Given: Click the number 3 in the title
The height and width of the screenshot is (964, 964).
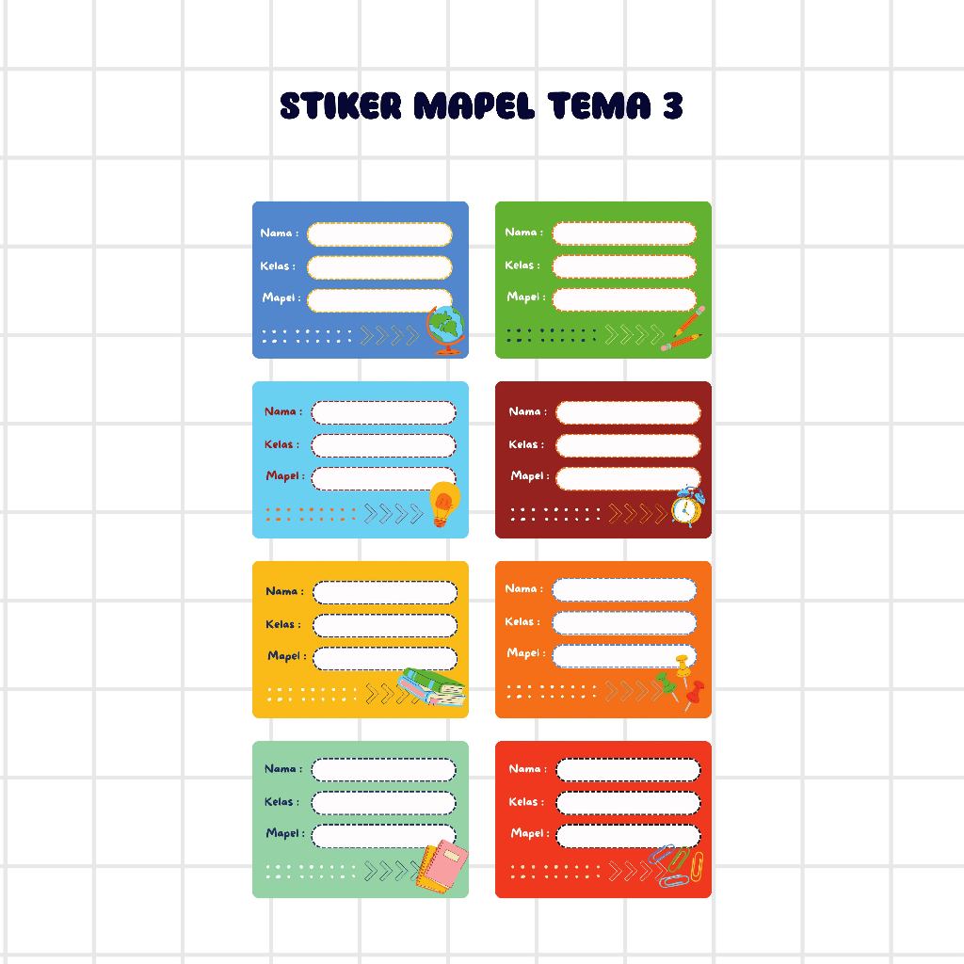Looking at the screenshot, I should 671,106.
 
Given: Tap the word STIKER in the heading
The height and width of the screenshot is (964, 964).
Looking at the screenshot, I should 341,106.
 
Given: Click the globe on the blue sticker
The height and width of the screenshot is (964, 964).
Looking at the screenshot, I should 445,330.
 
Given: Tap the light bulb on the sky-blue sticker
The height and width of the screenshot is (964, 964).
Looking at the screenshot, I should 444,503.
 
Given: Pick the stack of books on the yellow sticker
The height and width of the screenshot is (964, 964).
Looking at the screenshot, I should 432,687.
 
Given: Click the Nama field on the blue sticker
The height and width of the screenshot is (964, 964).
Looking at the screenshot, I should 379,234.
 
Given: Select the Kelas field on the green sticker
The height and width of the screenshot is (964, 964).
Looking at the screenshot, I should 624,266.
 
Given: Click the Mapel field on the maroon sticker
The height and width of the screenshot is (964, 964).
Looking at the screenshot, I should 628,478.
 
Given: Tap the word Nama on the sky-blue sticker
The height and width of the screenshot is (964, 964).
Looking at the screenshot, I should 281,411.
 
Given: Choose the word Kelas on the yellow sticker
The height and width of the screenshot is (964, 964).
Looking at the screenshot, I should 281,624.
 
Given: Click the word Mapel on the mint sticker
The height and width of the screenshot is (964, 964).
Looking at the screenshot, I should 282,833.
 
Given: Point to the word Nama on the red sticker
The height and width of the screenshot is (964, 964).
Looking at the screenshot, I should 524,769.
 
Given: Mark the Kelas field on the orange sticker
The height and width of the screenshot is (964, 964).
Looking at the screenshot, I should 624,622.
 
